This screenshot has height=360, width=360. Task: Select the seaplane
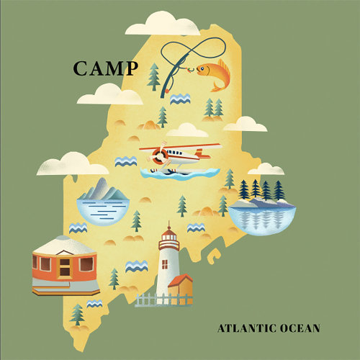click(173, 156)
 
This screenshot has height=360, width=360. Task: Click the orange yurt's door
click(64, 269)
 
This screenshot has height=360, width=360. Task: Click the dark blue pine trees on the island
click(261, 190)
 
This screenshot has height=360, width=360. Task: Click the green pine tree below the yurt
click(77, 314)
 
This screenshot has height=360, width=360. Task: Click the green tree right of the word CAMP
click(153, 75)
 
